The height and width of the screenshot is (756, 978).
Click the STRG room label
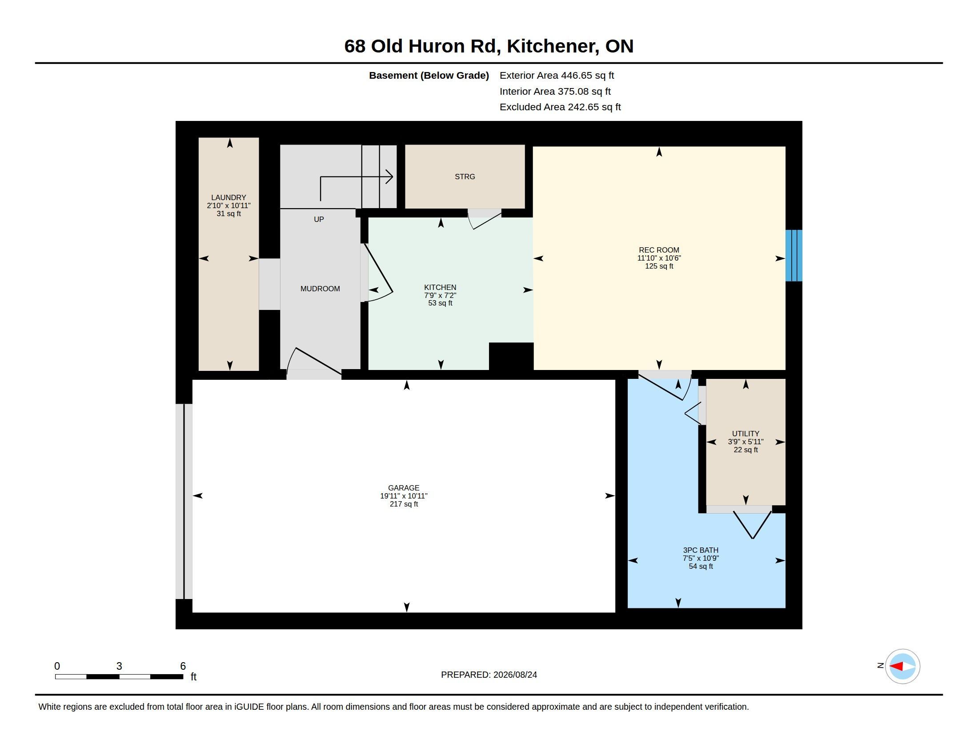tap(465, 177)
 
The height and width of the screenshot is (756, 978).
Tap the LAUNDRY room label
tap(228, 197)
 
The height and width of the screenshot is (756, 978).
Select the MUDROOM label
tap(320, 289)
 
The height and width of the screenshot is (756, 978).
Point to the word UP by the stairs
tap(319, 219)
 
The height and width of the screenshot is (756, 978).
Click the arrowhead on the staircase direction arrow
tap(390, 177)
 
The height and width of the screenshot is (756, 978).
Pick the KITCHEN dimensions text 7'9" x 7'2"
tap(440, 296)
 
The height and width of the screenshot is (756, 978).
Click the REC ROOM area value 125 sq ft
tap(659, 266)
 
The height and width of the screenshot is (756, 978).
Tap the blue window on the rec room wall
tap(794, 256)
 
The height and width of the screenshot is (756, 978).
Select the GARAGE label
tap(404, 488)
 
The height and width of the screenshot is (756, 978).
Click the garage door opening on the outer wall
tap(184, 501)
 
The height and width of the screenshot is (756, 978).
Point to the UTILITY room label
tap(746, 434)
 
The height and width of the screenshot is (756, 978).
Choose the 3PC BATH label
tap(700, 551)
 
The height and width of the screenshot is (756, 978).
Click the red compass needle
tap(896, 667)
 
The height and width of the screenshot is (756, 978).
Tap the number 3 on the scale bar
tap(119, 666)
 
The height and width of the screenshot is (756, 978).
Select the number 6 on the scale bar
tap(183, 666)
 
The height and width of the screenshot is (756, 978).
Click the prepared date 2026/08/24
tap(515, 675)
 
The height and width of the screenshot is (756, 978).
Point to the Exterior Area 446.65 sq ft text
tap(557, 76)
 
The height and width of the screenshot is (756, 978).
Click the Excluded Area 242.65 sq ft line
tap(560, 107)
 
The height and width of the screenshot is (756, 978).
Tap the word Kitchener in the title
tap(553, 47)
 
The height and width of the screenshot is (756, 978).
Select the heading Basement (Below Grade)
tap(429, 76)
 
